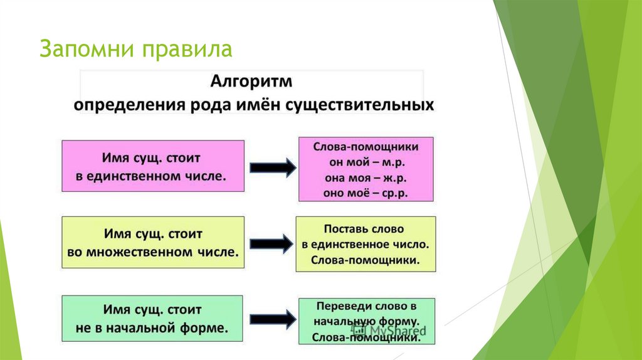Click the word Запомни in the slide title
click(87, 49)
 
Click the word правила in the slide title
click(187, 50)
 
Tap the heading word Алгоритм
click(251, 82)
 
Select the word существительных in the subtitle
click(359, 105)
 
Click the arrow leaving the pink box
click(273, 167)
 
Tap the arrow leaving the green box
click(273, 319)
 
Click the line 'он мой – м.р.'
click(367, 162)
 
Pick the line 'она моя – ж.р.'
click(366, 178)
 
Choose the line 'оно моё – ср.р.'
click(366, 193)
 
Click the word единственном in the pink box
click(144, 176)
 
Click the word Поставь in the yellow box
click(342, 228)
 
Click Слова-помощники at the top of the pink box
click(366, 147)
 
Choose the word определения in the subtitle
click(129, 105)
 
